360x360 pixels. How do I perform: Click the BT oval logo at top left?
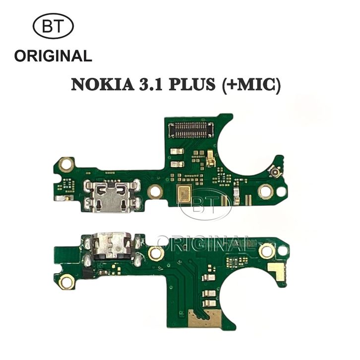coord(53,26)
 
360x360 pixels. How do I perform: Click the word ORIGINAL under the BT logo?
coord(53,56)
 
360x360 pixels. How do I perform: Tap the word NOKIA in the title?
coord(103,84)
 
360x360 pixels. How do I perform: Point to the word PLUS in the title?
coord(192,84)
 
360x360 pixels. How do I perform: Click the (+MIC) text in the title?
coord(251,85)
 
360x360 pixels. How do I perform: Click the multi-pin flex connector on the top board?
coord(191,130)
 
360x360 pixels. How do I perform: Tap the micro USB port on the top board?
coord(112,195)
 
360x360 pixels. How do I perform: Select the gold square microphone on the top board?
coord(184,194)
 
